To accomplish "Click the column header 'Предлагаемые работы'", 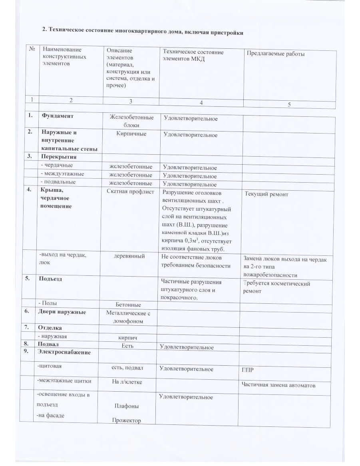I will (276, 54).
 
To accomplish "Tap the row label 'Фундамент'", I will (57, 116).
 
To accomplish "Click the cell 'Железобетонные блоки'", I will (131, 121).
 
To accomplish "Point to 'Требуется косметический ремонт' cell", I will (276, 287).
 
